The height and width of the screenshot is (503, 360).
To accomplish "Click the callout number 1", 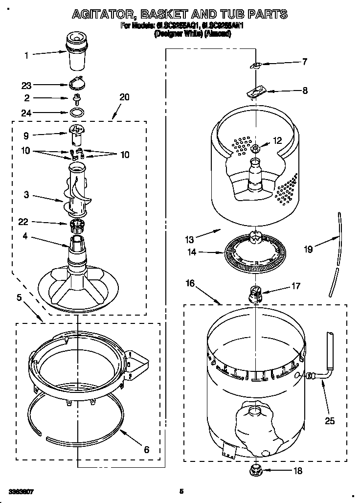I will click(x=27, y=55).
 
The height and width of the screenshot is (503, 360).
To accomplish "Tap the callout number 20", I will click(x=124, y=97).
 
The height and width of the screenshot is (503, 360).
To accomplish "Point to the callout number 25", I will click(x=330, y=420).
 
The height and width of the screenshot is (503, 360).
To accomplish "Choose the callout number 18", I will click(x=298, y=471).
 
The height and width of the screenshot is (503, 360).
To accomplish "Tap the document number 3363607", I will click(x=21, y=491).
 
